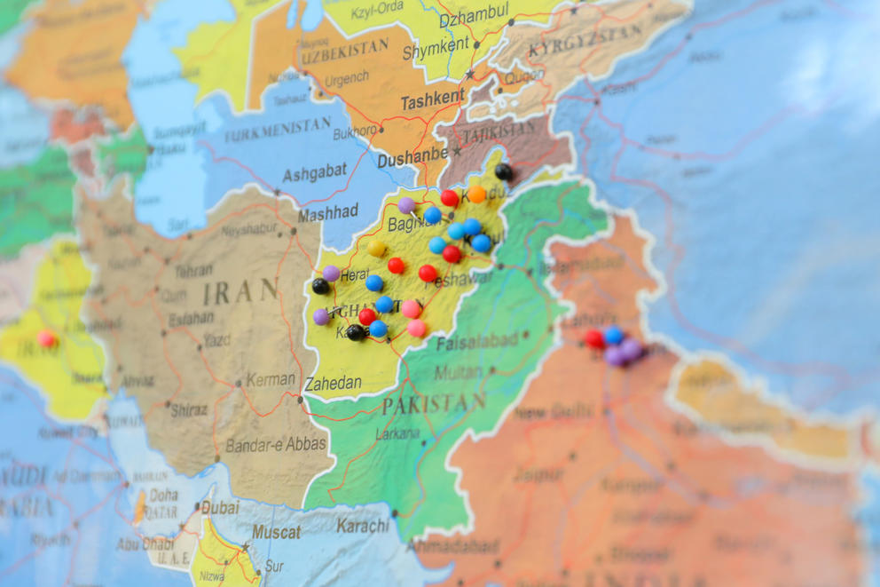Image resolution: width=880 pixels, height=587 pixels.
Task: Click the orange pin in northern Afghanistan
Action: coord(477,194)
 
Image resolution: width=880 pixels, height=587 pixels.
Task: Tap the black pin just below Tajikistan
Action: coord(503,171)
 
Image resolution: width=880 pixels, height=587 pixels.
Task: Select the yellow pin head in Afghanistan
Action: coord(377,248)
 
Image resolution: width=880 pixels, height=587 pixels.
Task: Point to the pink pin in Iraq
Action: coord(46,338)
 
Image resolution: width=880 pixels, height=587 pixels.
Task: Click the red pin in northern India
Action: coord(594,338)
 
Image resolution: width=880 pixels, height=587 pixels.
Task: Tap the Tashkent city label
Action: coord(432,100)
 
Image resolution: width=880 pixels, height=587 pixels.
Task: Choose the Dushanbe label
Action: coord(412,160)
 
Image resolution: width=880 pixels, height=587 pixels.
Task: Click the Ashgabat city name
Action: coord(315,173)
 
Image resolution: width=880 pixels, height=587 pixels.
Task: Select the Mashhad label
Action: coord(328,212)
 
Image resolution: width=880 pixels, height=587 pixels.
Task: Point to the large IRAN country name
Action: coord(240,291)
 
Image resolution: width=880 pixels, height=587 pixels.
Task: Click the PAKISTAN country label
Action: coord(434,404)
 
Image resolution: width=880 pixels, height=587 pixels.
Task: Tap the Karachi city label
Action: coord(362,525)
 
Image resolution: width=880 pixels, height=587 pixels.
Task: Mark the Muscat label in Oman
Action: coord(277,532)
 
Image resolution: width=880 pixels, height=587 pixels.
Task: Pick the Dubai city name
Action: coord(220,507)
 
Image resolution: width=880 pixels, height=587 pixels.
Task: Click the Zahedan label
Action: coord(333,384)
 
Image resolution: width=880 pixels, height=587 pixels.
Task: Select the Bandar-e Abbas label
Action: coord(276,444)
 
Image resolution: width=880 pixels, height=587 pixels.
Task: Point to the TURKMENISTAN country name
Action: coord(278,132)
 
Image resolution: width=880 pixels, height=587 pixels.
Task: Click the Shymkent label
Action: coord(436,52)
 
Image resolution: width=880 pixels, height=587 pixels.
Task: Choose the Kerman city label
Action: coord(271,379)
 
